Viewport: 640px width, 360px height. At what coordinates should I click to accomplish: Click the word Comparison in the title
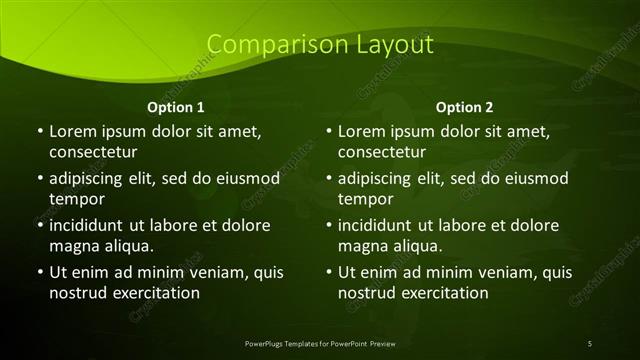tap(264, 45)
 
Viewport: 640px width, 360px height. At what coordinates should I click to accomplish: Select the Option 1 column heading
tap(176, 107)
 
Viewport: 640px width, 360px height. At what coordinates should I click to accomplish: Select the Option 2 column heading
tap(465, 107)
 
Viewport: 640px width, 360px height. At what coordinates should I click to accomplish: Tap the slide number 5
tap(590, 343)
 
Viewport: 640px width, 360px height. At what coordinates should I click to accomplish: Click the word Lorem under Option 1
tap(73, 131)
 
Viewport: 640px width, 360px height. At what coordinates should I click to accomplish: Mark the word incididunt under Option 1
tap(90, 225)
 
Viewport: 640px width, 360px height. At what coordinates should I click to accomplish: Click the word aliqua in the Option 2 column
tap(415, 245)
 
